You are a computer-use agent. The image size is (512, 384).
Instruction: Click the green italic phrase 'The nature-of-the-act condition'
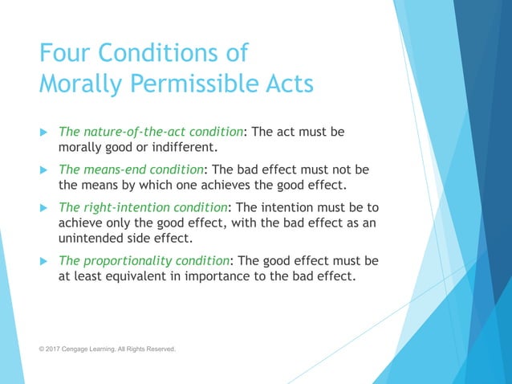click(x=155, y=132)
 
